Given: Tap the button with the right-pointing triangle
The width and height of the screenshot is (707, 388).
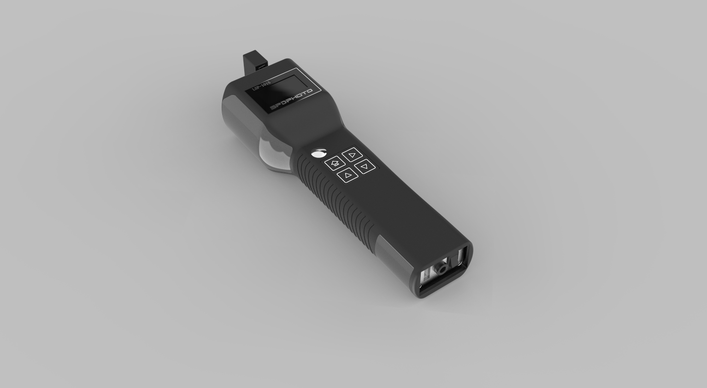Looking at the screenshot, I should click(352, 155).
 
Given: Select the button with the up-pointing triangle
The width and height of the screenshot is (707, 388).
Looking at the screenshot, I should click(348, 174).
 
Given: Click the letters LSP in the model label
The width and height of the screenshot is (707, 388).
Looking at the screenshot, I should click(256, 88).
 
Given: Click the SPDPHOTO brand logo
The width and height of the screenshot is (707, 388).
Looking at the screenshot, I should click(291, 99).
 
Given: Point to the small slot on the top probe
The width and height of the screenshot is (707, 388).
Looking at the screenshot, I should click(261, 67).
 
